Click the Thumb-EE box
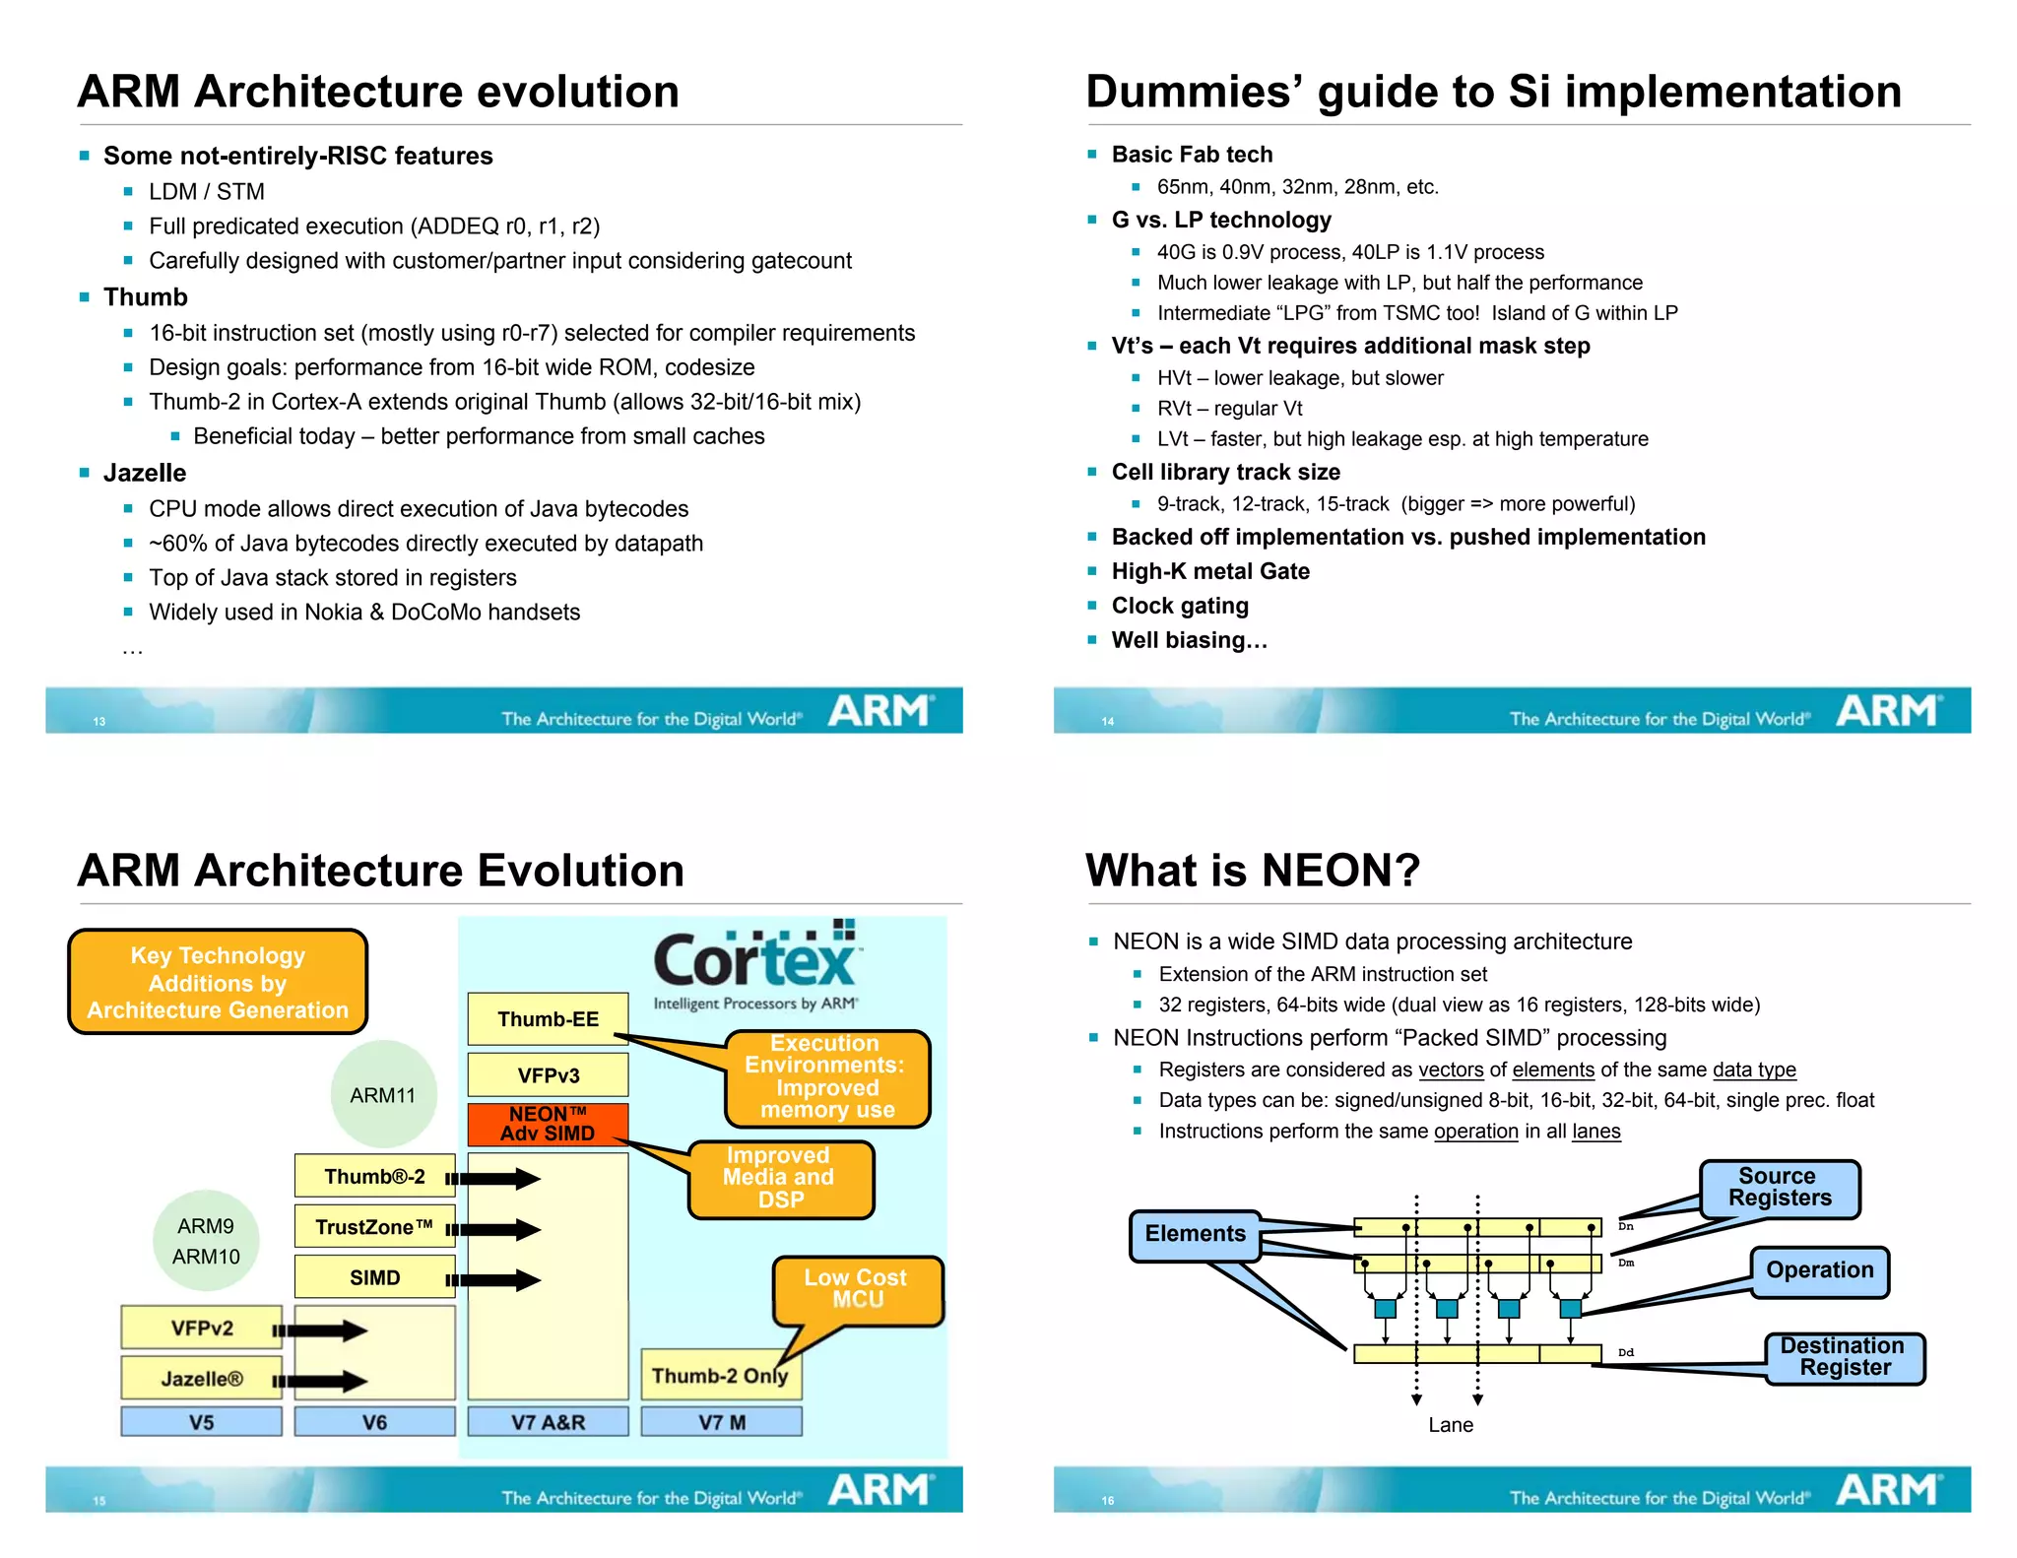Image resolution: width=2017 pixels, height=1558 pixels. (x=548, y=1018)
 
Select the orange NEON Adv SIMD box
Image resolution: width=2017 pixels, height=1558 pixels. (x=548, y=1124)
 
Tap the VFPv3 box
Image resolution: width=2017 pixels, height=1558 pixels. (x=548, y=1075)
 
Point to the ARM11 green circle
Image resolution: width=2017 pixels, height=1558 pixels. (x=383, y=1094)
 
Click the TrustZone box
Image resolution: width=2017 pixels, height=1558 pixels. (x=374, y=1227)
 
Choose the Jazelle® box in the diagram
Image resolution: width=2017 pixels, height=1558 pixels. (x=201, y=1378)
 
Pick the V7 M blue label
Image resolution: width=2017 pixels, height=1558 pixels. (x=721, y=1422)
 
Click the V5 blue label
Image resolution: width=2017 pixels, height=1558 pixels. (x=201, y=1422)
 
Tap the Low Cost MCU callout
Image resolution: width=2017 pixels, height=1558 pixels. (x=856, y=1288)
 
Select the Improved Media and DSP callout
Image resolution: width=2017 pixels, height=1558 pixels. (x=780, y=1178)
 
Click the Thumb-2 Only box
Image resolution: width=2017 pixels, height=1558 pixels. (x=720, y=1375)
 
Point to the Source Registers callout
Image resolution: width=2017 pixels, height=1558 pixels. (x=1779, y=1188)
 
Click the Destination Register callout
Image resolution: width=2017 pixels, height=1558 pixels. (x=1844, y=1357)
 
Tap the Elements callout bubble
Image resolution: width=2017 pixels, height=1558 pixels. (x=1195, y=1234)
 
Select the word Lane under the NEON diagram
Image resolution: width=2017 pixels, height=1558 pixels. (x=1451, y=1425)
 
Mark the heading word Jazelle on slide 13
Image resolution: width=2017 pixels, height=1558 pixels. (x=145, y=474)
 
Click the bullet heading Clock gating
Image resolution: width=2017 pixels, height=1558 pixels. (x=1180, y=606)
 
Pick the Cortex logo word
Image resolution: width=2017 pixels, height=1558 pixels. (x=754, y=961)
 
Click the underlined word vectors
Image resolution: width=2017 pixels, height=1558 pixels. (x=1451, y=1071)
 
